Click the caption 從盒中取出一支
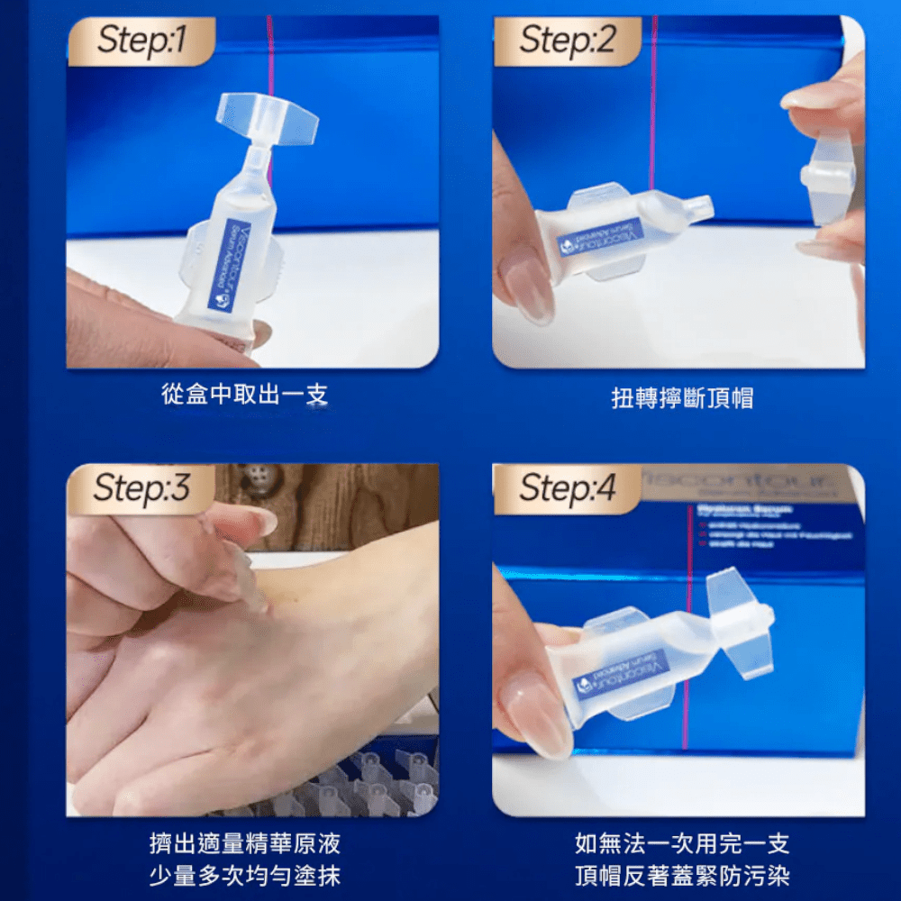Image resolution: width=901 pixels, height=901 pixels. coord(244,395)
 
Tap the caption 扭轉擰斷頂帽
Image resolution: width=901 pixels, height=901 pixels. coord(681,397)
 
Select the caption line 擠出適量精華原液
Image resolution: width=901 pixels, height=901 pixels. coord(244,844)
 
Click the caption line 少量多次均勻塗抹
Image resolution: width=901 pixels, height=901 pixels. coord(244,875)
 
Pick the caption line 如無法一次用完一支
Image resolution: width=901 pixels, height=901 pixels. coord(681,844)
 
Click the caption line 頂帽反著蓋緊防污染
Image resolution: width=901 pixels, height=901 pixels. coord(681,875)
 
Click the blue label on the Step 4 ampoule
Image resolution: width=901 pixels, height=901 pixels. coord(622,674)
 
